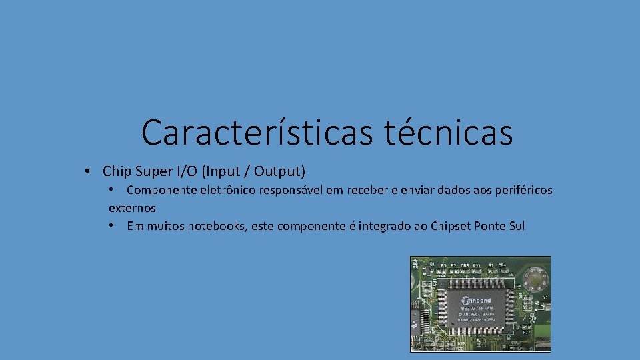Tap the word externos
point(132,208)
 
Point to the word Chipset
point(451,226)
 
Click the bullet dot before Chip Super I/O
point(88,171)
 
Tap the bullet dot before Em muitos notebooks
point(112,226)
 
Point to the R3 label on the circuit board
point(443,265)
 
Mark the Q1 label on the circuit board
point(432,265)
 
